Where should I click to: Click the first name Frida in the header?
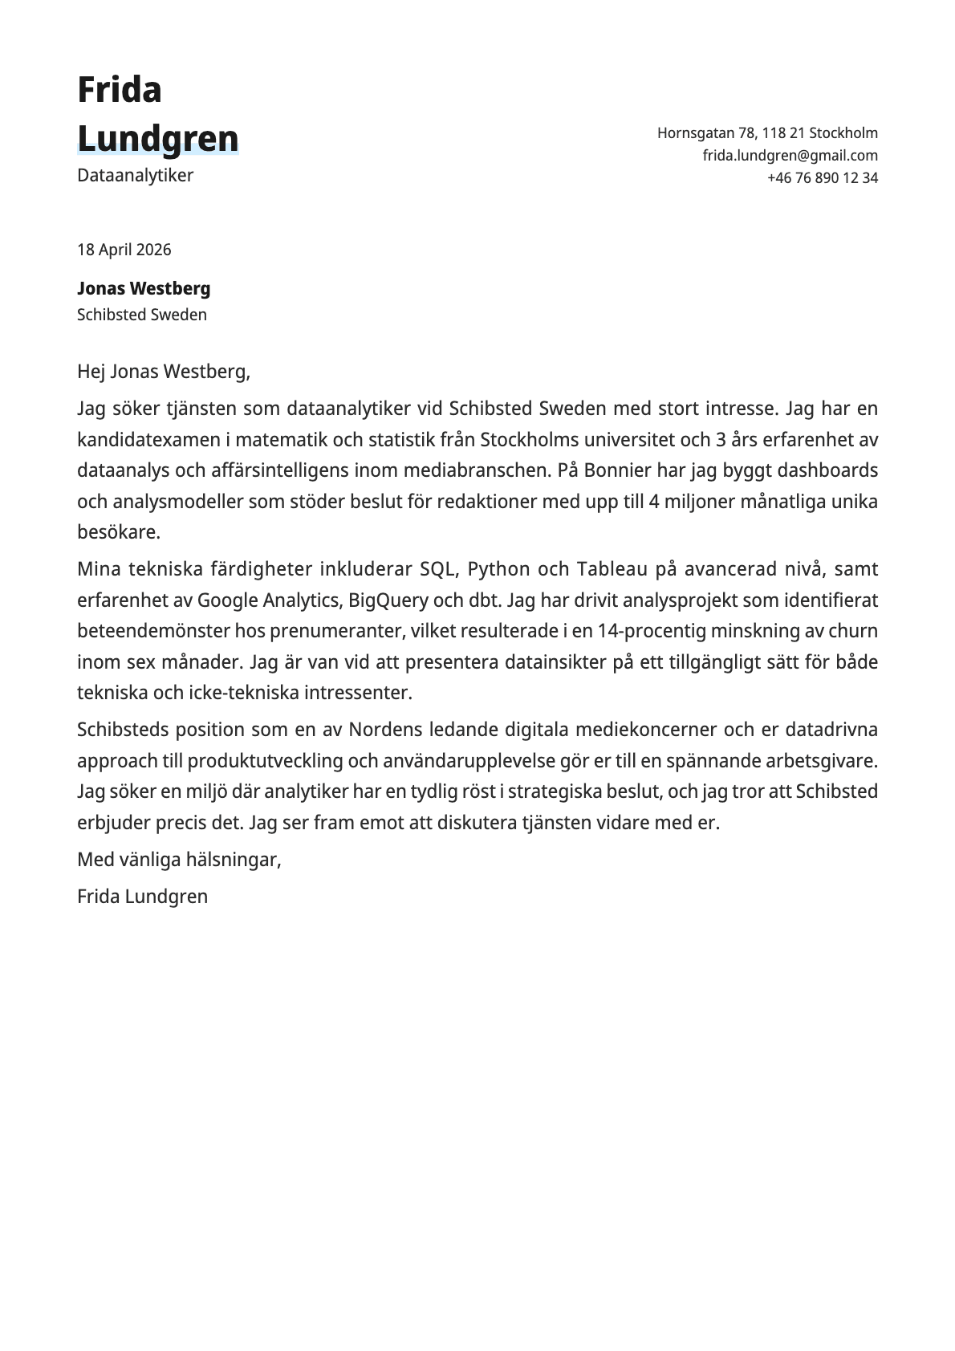click(x=120, y=90)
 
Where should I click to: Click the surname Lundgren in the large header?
click(x=158, y=139)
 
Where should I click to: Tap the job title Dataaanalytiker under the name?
click(x=135, y=175)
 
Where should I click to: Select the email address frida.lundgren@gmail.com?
click(x=790, y=156)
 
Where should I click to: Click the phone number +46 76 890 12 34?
click(x=822, y=178)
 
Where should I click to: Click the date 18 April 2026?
click(x=124, y=250)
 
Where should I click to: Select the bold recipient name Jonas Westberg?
click(x=144, y=288)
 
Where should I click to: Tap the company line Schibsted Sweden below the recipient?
click(x=141, y=315)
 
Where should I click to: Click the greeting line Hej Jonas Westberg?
click(x=164, y=372)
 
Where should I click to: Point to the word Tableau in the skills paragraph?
click(x=612, y=569)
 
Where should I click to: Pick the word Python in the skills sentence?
click(x=498, y=569)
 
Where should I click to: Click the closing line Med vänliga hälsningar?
click(x=179, y=860)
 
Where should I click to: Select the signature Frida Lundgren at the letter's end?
click(x=142, y=897)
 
